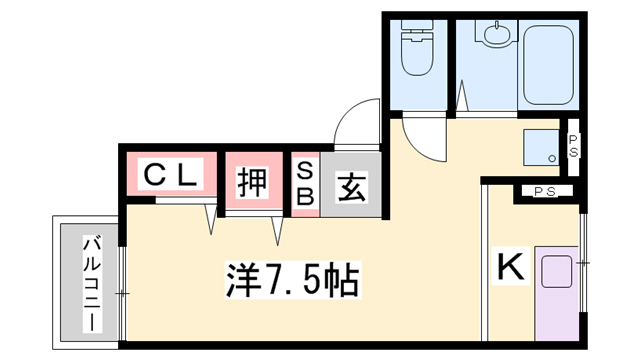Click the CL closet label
pos(171,175)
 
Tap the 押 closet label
pos(253,182)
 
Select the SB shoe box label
pos(305,185)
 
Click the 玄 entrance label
pos(351,187)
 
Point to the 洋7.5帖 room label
pos(292,280)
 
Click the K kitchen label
pos(510,266)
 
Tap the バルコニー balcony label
pos(92,283)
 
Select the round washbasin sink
pos(496,33)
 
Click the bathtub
pos(549,64)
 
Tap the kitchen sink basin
pos(556,272)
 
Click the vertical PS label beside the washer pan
pos(573,146)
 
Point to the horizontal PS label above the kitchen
pos(545,191)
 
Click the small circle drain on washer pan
pos(552,158)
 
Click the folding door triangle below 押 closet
pos(278,231)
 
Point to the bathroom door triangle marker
pos(462,95)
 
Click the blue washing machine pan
pos(541,148)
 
